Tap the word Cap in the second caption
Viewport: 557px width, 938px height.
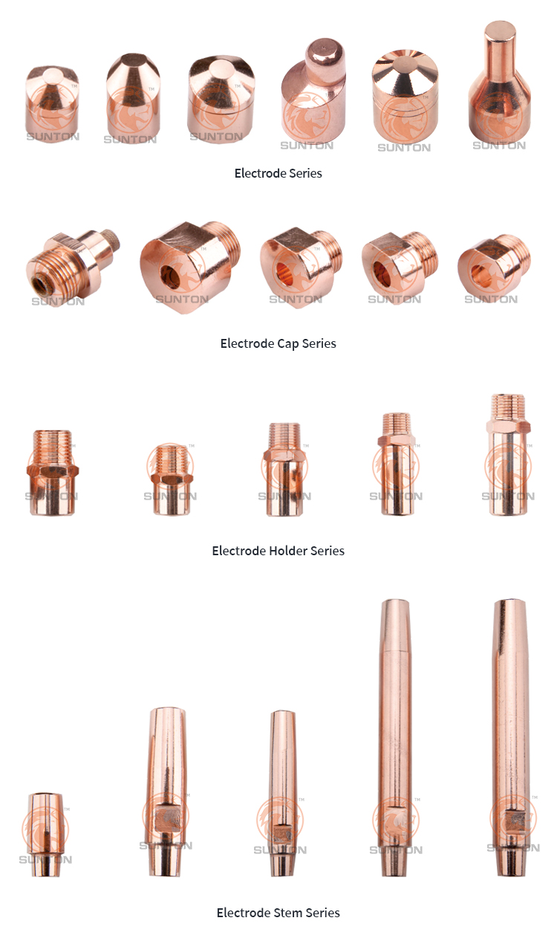288,344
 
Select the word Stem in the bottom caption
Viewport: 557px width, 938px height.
287,913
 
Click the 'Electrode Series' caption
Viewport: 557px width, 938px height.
278,173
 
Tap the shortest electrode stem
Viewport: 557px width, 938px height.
45,834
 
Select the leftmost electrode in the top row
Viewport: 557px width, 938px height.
52,103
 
